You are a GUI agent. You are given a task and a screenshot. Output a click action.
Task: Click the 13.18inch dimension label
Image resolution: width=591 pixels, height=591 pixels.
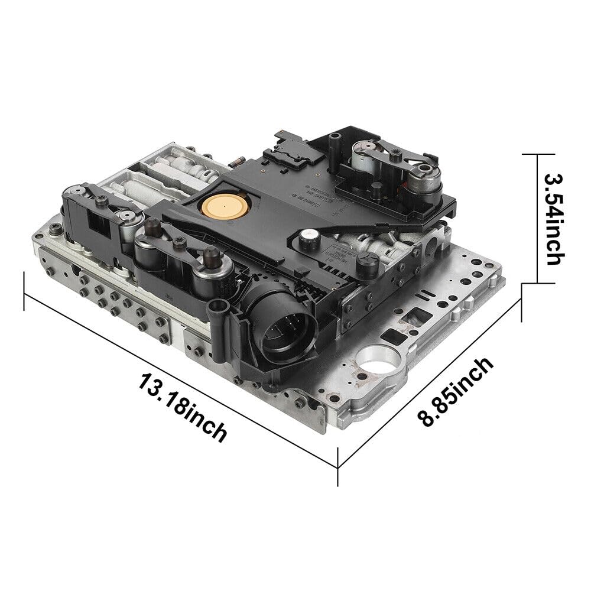click(x=183, y=406)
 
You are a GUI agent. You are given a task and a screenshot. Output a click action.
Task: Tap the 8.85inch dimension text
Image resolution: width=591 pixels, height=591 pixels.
click(x=455, y=392)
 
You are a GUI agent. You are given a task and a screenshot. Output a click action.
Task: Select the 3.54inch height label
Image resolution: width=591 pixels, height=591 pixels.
click(x=555, y=219)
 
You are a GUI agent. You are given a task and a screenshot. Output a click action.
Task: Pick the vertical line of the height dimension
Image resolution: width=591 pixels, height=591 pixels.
click(x=537, y=219)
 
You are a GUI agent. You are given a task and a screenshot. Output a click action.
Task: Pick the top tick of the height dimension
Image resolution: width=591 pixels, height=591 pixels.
click(x=537, y=153)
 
